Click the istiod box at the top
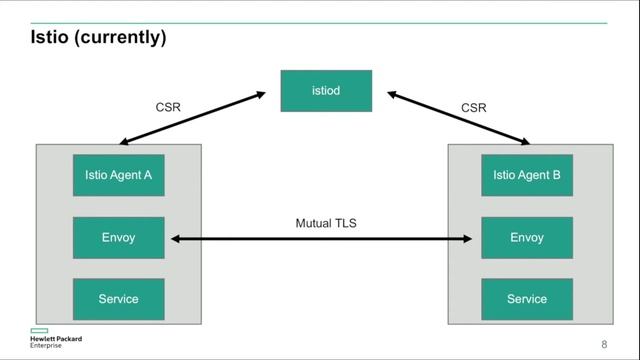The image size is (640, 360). coord(326,91)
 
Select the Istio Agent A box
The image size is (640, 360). coord(118,175)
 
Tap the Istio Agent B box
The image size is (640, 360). coord(527,175)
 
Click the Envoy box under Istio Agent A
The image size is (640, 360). coord(118,238)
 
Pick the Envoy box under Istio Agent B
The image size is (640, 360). coord(527,238)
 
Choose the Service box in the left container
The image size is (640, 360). coord(118,299)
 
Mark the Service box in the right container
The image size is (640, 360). coord(527,299)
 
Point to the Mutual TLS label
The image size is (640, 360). coord(325,223)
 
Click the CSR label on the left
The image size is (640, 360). coord(167,107)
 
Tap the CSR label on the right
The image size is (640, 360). coord(474,107)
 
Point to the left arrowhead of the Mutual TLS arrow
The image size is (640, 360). coord(174,239)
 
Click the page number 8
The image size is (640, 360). coord(604,344)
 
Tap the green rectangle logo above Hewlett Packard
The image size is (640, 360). coord(39,329)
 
